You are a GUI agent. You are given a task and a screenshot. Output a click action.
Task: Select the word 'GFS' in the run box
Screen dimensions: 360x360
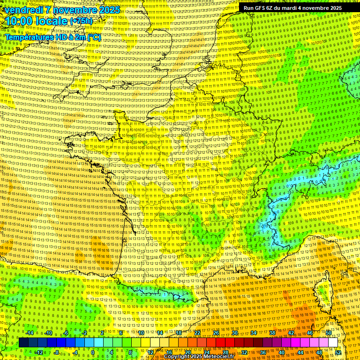coord(261,8)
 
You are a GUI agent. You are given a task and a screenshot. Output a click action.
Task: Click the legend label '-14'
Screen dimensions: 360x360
coord(30,333)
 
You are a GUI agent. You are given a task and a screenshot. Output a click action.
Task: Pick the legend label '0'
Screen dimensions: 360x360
coord(93,352)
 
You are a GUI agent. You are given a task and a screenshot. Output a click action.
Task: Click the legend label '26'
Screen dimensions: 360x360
coord(216,333)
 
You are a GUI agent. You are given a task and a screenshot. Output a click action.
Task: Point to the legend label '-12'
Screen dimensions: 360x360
coord(39,352)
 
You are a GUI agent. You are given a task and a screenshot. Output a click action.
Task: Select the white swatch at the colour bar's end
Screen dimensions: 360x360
coord(333,343)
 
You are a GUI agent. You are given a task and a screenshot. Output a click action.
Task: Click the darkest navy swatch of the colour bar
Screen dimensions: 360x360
coord(24,343)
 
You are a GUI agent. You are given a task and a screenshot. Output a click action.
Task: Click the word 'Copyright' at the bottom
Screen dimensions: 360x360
coord(179,357)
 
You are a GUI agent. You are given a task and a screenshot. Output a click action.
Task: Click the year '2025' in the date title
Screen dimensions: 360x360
coord(109,10)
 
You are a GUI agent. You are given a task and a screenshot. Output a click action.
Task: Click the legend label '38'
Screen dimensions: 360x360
coord(272,333)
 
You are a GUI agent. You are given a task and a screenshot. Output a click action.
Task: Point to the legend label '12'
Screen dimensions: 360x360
coord(150,352)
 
